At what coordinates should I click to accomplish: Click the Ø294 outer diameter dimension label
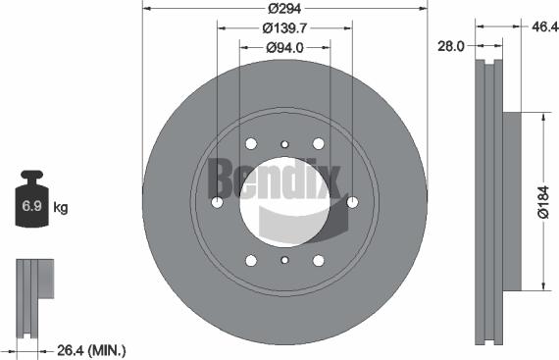pos(284,8)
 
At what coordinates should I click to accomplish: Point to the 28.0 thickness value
pos(452,45)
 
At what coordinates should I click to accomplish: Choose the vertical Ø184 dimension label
pos(545,201)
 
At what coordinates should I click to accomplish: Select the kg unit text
pos(60,208)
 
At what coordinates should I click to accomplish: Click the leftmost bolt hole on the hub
pos(217,202)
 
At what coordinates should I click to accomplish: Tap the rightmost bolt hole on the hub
pos(352,202)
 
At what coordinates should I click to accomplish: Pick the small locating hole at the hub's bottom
pos(284,261)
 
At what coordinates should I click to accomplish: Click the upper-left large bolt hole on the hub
pos(251,143)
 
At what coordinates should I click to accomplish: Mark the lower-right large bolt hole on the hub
pos(318,260)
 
